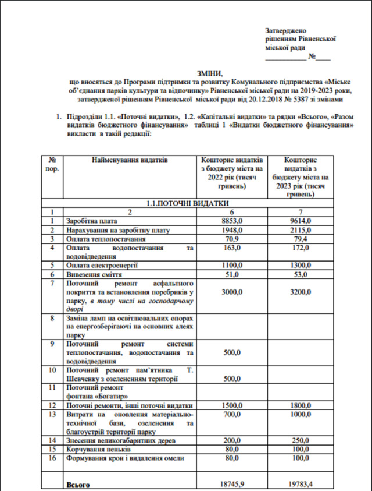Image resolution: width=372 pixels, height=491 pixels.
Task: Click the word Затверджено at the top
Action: point(285,30)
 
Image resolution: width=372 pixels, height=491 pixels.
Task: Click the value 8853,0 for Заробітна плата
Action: point(233,221)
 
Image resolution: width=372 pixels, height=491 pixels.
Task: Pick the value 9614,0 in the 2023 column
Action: point(301,221)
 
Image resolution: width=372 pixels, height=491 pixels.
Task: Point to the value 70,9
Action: point(233,239)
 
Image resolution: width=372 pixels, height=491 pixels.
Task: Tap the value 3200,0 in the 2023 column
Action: point(301,292)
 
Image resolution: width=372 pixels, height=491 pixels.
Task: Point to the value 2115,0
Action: point(301,230)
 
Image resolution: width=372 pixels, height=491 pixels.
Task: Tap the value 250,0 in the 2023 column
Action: point(301,440)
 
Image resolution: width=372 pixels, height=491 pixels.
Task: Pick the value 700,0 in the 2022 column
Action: point(233,414)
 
